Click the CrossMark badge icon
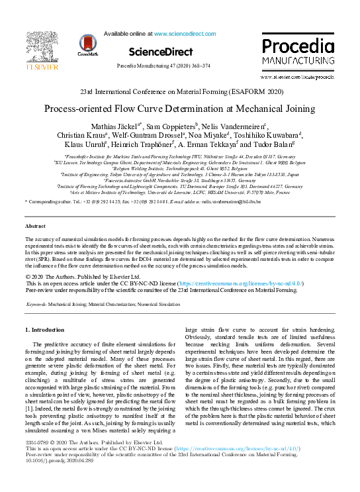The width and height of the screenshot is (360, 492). [88, 45]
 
